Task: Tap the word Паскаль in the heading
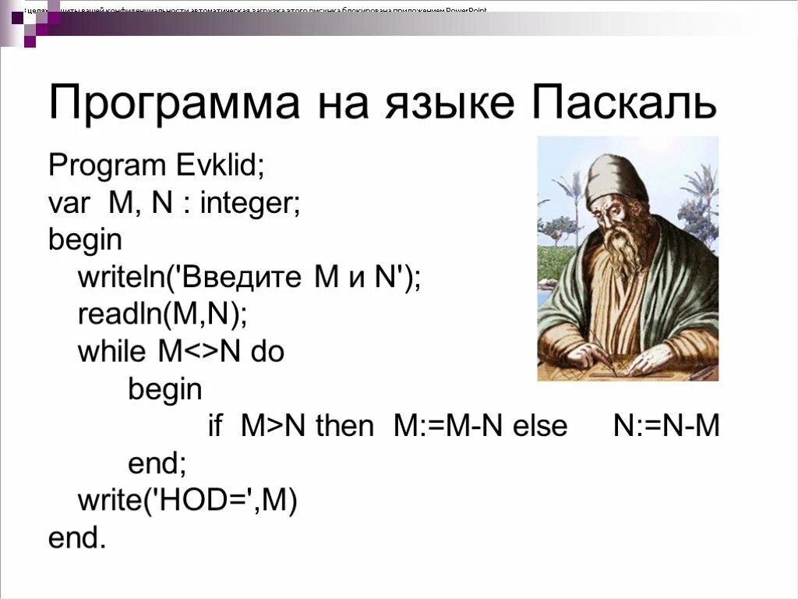click(623, 103)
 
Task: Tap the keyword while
click(111, 352)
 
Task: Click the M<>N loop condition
click(202, 352)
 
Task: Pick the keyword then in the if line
click(344, 427)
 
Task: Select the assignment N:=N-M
click(666, 427)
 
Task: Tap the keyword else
click(540, 427)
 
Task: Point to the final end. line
click(76, 538)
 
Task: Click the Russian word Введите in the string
click(247, 278)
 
